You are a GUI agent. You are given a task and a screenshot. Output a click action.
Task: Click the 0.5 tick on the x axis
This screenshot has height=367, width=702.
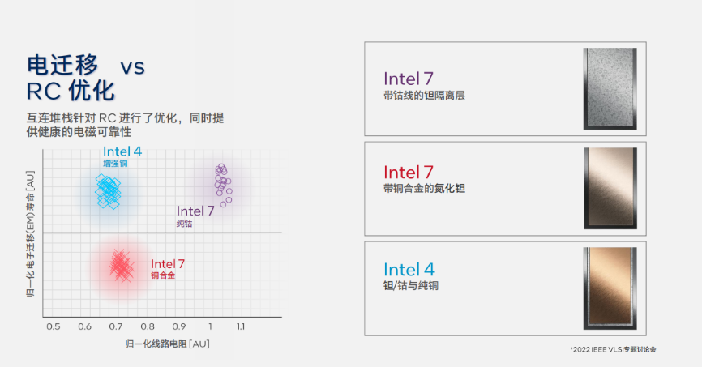click(x=53, y=326)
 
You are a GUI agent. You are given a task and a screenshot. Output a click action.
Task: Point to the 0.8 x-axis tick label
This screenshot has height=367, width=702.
click(x=147, y=326)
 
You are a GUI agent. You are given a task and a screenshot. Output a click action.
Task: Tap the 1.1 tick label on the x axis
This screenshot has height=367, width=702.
click(x=241, y=326)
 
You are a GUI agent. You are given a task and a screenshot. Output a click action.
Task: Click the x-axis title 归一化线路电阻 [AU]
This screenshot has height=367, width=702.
click(x=168, y=344)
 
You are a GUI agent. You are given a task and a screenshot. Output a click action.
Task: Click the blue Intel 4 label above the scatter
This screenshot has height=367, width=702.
click(x=122, y=151)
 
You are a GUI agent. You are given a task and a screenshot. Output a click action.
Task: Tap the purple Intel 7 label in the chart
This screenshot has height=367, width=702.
click(x=195, y=211)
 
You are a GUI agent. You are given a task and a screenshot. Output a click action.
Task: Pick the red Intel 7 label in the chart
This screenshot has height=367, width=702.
click(x=168, y=264)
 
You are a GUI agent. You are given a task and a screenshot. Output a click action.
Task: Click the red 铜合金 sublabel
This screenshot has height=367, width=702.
click(x=162, y=275)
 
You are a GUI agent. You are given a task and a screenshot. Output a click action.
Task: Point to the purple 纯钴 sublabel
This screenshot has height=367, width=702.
click(x=185, y=223)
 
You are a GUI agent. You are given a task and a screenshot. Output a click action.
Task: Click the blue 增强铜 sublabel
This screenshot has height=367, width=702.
click(x=115, y=164)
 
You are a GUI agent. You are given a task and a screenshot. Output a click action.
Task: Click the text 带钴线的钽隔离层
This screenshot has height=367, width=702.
click(x=424, y=96)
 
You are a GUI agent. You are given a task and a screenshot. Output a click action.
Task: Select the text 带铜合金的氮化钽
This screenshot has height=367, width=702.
click(x=424, y=189)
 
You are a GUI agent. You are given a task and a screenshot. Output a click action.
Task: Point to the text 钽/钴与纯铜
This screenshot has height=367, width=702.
click(x=411, y=286)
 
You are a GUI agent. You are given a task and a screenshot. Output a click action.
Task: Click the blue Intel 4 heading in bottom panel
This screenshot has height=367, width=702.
click(x=409, y=270)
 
